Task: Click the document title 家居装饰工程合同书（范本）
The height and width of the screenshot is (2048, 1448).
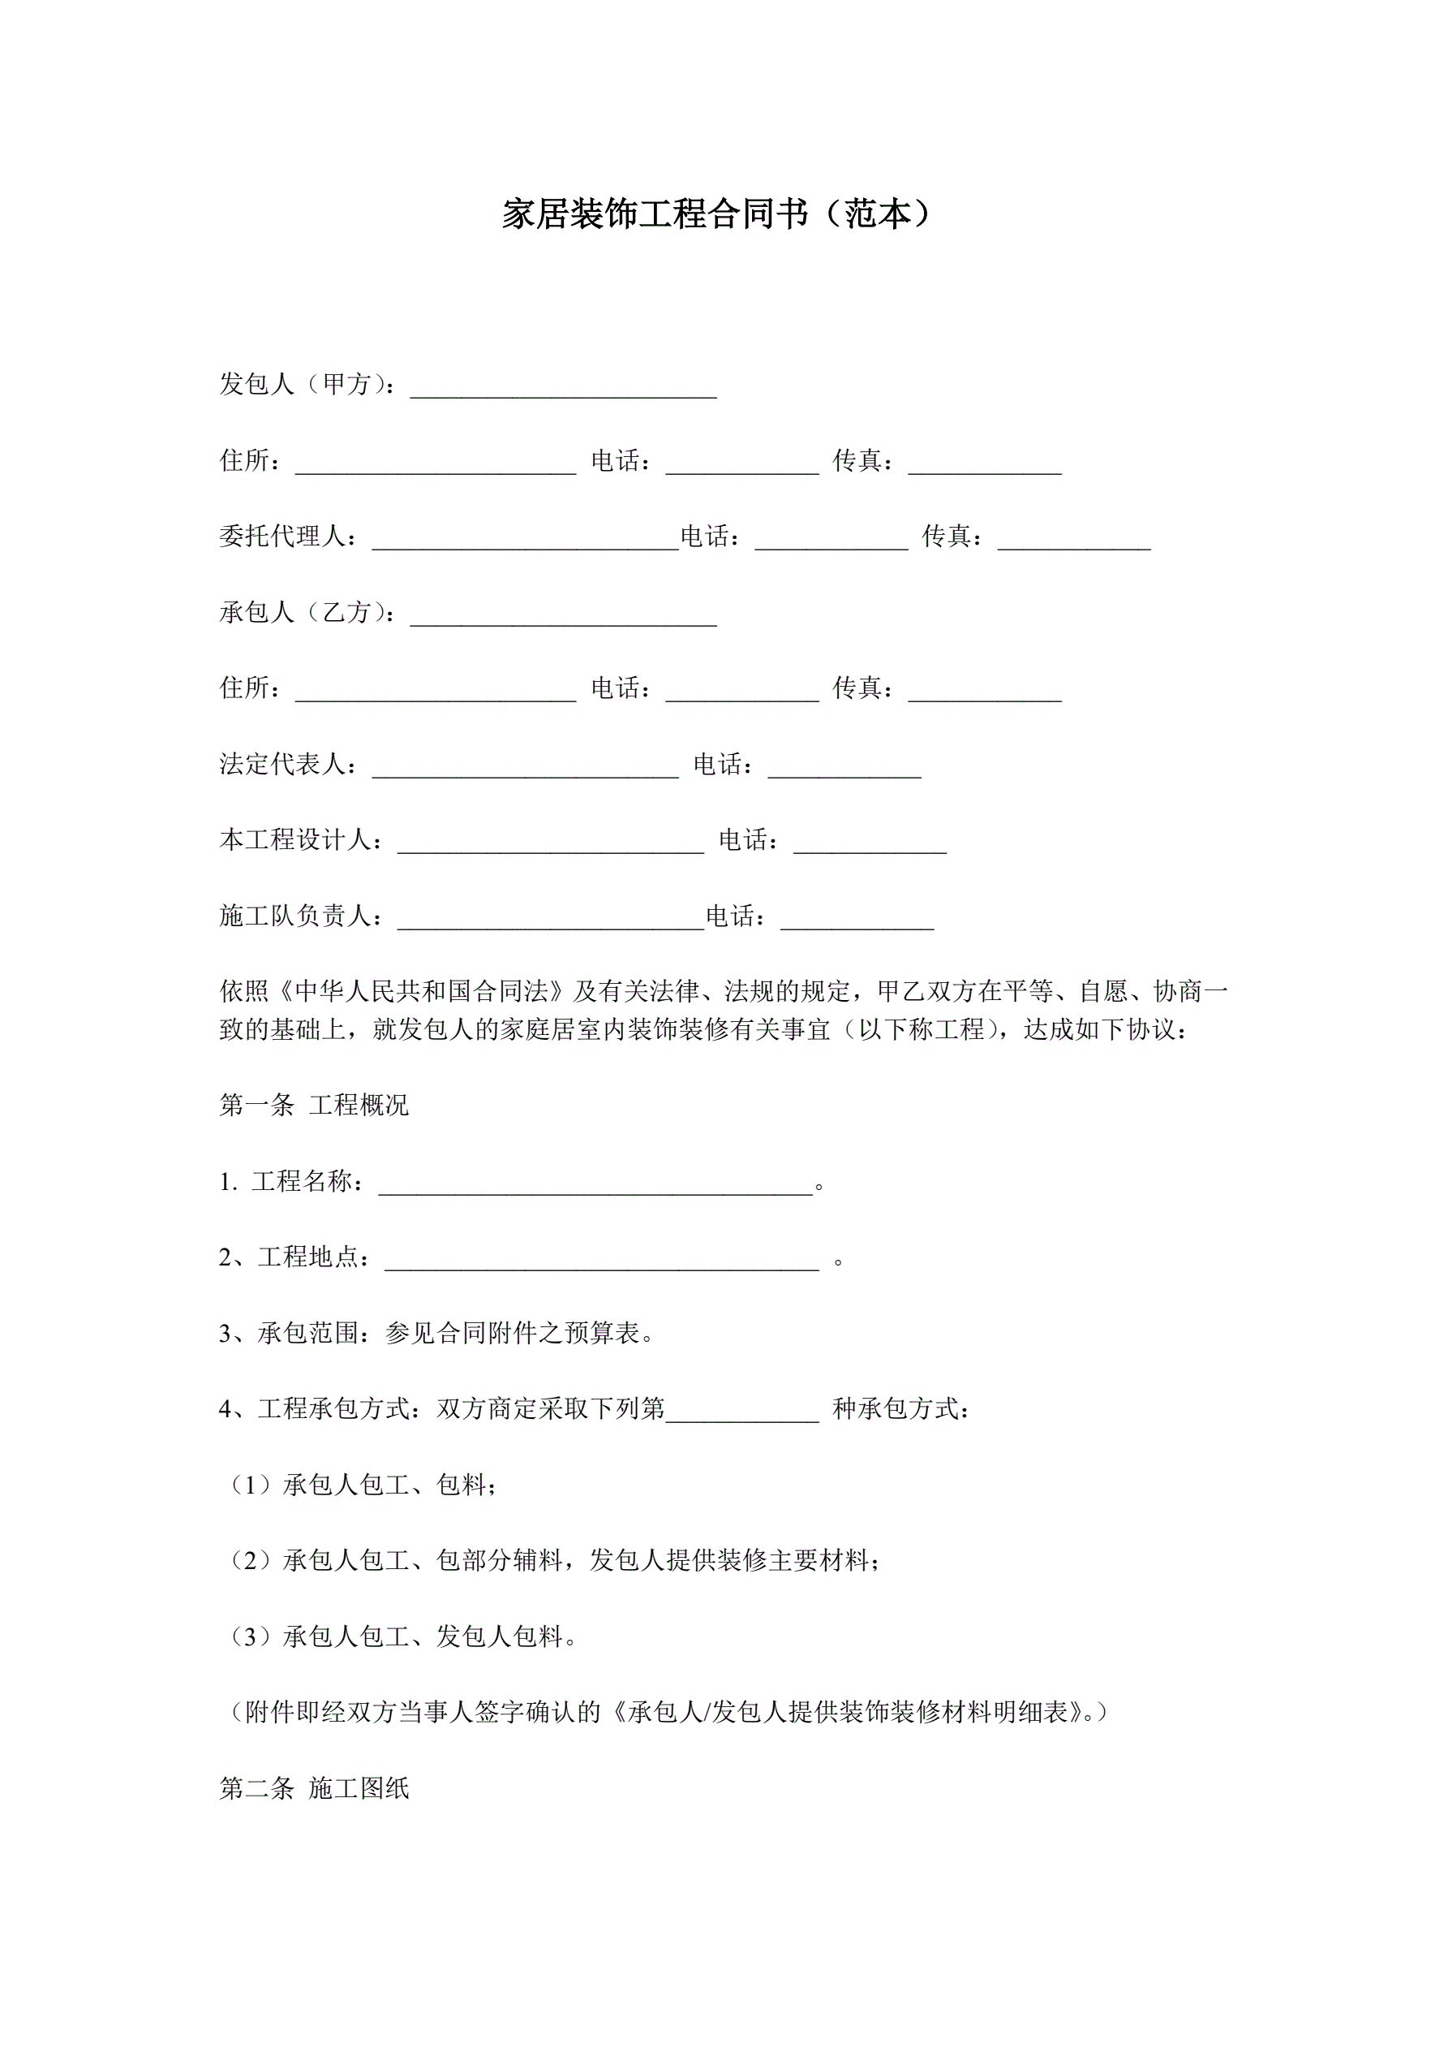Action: pos(716,214)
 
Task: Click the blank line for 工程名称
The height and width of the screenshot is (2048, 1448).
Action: pos(595,1186)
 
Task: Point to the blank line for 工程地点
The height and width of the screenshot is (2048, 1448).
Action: pos(601,1262)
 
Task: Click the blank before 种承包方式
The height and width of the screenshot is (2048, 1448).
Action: pos(741,1414)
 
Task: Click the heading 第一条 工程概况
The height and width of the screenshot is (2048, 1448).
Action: pos(314,1106)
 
